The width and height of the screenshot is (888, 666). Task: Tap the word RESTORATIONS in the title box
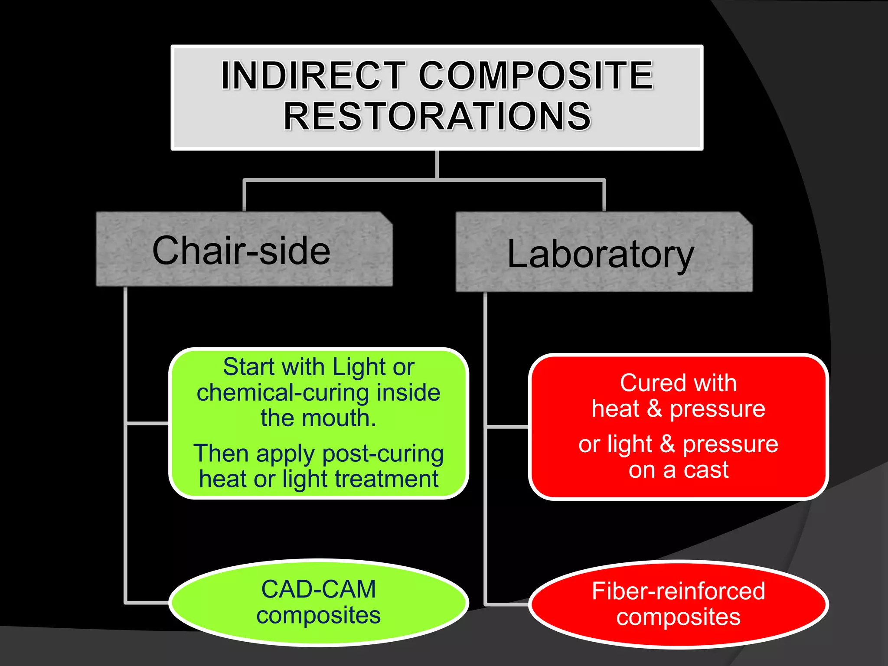[437, 116]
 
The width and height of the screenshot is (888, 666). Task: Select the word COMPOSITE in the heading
[536, 75]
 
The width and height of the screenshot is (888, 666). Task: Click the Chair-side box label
[242, 251]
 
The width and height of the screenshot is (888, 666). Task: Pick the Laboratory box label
[601, 254]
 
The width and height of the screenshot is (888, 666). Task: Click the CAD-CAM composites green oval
[318, 603]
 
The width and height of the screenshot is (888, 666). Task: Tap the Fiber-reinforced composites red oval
[679, 604]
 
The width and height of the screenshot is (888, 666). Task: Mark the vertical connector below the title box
[437, 165]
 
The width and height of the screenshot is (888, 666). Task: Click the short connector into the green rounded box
[147, 423]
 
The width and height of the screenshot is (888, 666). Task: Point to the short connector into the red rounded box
[507, 427]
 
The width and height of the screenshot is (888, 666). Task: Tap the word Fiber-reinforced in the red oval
[679, 591]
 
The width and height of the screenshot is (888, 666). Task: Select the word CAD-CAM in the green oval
[318, 590]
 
